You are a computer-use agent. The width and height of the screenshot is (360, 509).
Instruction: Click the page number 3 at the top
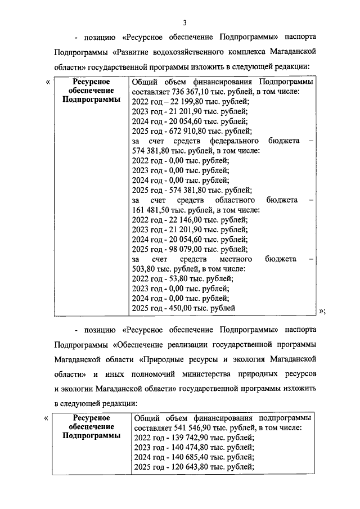point(184,22)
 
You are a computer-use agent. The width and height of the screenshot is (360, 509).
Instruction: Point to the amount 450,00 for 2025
point(185,308)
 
